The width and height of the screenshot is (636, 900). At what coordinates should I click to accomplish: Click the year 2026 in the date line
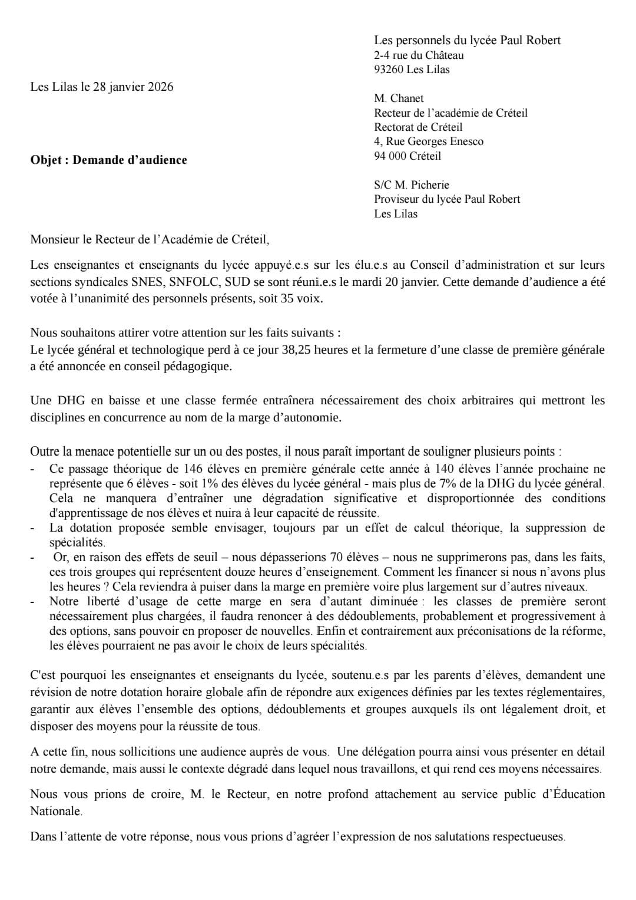click(x=161, y=87)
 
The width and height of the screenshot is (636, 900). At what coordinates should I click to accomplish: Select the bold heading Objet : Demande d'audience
click(x=108, y=160)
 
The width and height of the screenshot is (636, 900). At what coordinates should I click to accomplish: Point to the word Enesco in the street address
click(x=466, y=141)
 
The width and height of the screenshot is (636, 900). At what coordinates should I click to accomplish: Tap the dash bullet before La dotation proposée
click(x=33, y=528)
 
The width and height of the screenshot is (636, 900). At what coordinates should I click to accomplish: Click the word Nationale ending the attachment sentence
click(x=55, y=812)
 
